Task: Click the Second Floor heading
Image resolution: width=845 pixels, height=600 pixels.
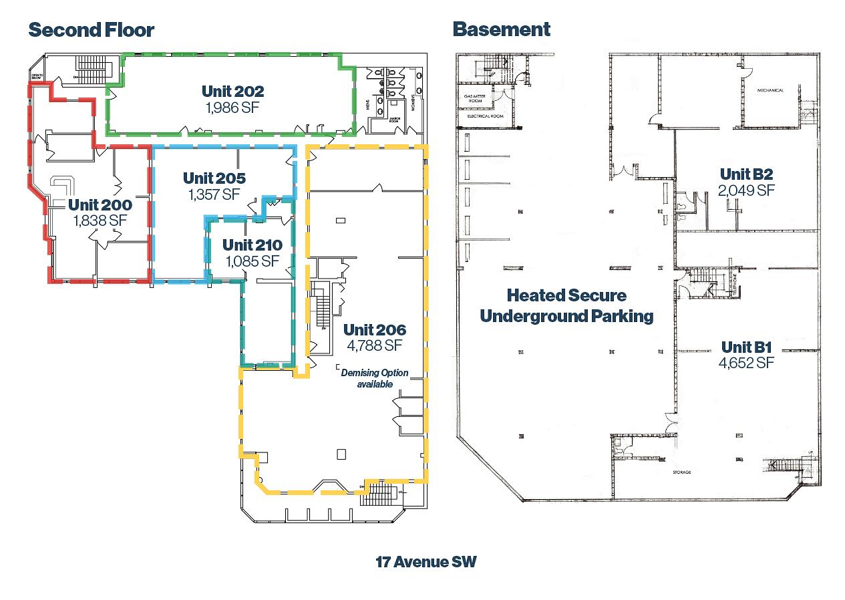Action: (92, 30)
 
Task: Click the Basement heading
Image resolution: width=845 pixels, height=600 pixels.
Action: (501, 29)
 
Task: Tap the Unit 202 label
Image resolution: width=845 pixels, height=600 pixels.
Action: (233, 91)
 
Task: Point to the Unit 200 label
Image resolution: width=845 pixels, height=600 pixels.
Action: (100, 204)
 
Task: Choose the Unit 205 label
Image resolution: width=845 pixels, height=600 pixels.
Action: (214, 178)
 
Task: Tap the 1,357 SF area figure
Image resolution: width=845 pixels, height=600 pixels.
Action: (214, 194)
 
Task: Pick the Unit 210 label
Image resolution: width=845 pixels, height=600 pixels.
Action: (252, 245)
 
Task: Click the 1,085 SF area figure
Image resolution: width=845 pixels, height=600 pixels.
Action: (252, 261)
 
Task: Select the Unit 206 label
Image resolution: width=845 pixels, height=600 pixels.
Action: (374, 329)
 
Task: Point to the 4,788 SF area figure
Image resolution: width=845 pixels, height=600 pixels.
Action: (374, 345)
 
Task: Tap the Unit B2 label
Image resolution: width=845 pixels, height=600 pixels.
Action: (746, 174)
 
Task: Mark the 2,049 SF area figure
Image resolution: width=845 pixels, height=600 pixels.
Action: (746, 190)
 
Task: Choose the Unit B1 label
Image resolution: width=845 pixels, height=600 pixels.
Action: (746, 347)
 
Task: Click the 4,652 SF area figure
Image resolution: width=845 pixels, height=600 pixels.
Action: (746, 363)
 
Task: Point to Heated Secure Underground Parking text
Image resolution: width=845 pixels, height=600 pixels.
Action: (566, 305)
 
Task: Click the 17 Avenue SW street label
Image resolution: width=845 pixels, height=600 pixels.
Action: (426, 562)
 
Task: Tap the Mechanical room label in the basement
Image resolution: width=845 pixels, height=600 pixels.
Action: (770, 90)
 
